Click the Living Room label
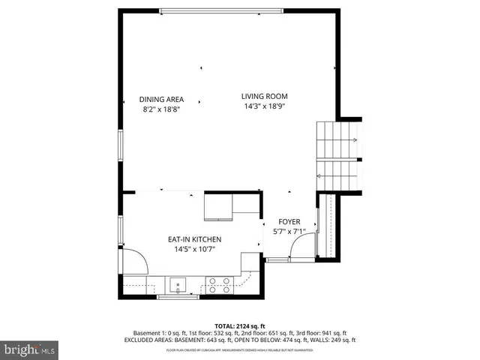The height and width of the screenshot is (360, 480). tap(264, 96)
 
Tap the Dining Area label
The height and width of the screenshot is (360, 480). tap(161, 99)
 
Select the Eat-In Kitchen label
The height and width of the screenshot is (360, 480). tap(194, 239)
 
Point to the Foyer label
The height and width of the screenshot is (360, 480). tap(289, 222)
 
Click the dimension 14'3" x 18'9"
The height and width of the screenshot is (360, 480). tap(264, 106)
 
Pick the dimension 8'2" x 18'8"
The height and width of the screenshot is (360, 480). tap(161, 109)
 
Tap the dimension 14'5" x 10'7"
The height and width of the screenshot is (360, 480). tap(194, 249)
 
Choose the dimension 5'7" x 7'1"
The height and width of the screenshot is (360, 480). tap(289, 232)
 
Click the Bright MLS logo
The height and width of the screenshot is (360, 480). tap(30, 349)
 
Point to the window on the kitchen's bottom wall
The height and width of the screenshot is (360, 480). tap(178, 297)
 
